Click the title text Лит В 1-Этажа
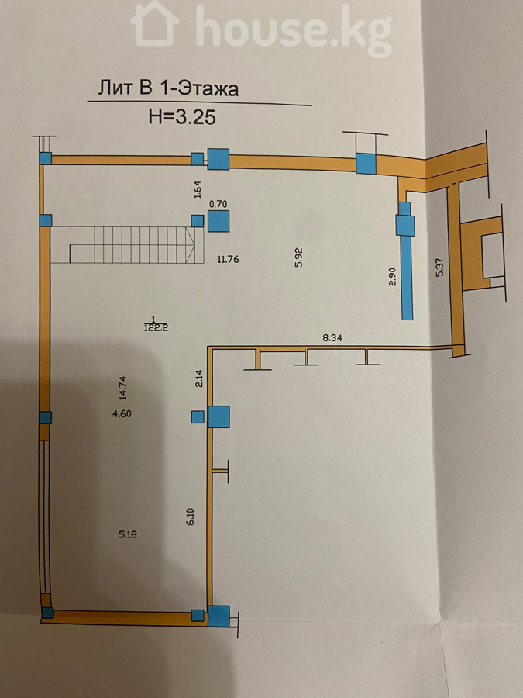pyautogui.click(x=168, y=88)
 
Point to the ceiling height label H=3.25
pyautogui.click(x=182, y=117)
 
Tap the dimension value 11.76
pyautogui.click(x=228, y=259)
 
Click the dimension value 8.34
pyautogui.click(x=332, y=338)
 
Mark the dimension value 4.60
pyautogui.click(x=122, y=413)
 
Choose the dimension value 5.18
pyautogui.click(x=128, y=534)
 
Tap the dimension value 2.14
pyautogui.click(x=199, y=378)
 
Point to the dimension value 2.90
pyautogui.click(x=392, y=277)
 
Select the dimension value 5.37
pyautogui.click(x=441, y=267)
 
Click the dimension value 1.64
pyautogui.click(x=198, y=188)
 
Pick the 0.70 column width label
pyautogui.click(x=218, y=204)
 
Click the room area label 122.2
pyautogui.click(x=153, y=327)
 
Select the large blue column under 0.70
pyautogui.click(x=218, y=221)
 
